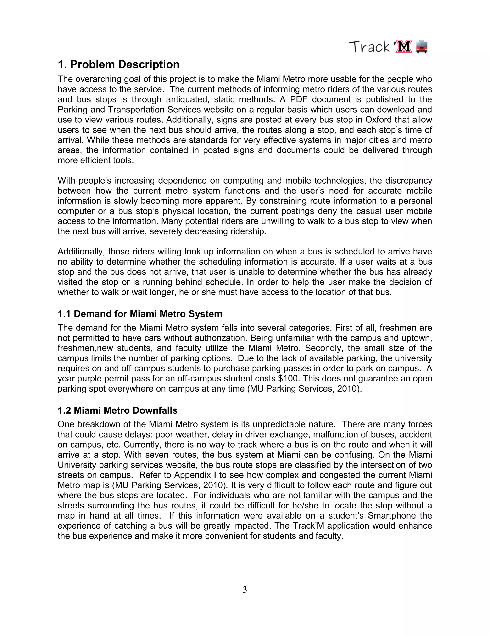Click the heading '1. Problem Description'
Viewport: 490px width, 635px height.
tap(118, 64)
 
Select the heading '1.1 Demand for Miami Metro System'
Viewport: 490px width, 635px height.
tap(140, 314)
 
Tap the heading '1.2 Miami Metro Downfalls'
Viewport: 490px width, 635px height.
tap(117, 410)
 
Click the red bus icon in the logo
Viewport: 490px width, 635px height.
tap(422, 47)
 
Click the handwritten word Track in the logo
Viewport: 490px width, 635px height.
tap(369, 47)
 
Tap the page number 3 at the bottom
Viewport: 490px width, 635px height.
tap(245, 590)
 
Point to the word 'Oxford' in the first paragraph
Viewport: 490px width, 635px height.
tap(379, 120)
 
